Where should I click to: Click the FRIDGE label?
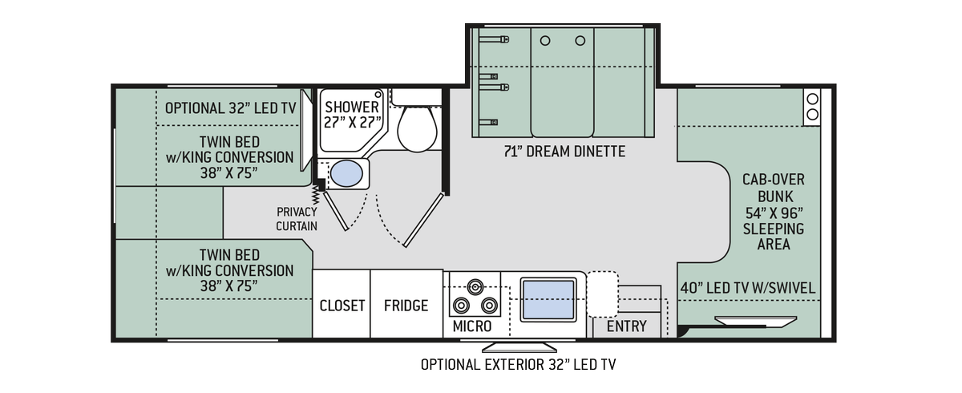pos(406,306)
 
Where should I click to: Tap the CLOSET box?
pos(342,304)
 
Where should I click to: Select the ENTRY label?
pos(627,326)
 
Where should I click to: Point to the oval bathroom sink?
pos(346,173)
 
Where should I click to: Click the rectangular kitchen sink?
pos(548,300)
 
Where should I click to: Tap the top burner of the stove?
pos(475,286)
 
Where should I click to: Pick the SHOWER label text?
pos(352,107)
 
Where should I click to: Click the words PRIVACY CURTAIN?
pos(297,219)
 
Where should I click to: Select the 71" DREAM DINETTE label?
pos(564,152)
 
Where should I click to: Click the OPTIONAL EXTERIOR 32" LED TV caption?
pos(518,365)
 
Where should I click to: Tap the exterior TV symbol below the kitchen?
pos(519,347)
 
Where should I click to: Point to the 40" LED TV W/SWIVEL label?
pos(748,288)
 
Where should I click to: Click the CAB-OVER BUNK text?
pos(774,188)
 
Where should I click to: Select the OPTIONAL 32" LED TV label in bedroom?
pos(231,108)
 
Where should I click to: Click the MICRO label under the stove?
pos(472,326)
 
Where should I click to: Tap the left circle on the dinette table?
pos(545,41)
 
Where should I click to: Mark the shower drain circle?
pos(378,95)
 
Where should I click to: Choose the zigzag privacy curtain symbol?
pos(315,195)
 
